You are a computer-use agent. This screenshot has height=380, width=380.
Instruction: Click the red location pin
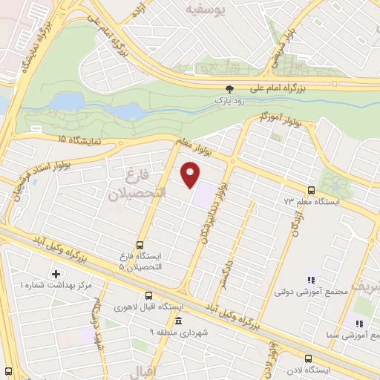[191, 174]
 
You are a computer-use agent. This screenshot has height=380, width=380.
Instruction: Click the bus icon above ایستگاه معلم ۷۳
[311, 190]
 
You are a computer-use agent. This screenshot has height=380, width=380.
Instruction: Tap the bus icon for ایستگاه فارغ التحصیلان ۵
[140, 245]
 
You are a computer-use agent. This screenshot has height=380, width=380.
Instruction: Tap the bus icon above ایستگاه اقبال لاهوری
[149, 295]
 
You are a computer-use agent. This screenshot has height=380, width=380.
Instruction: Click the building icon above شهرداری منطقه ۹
[178, 321]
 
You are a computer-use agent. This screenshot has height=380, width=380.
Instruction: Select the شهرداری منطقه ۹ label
[179, 332]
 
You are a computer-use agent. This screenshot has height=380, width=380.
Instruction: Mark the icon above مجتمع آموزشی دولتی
[311, 280]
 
